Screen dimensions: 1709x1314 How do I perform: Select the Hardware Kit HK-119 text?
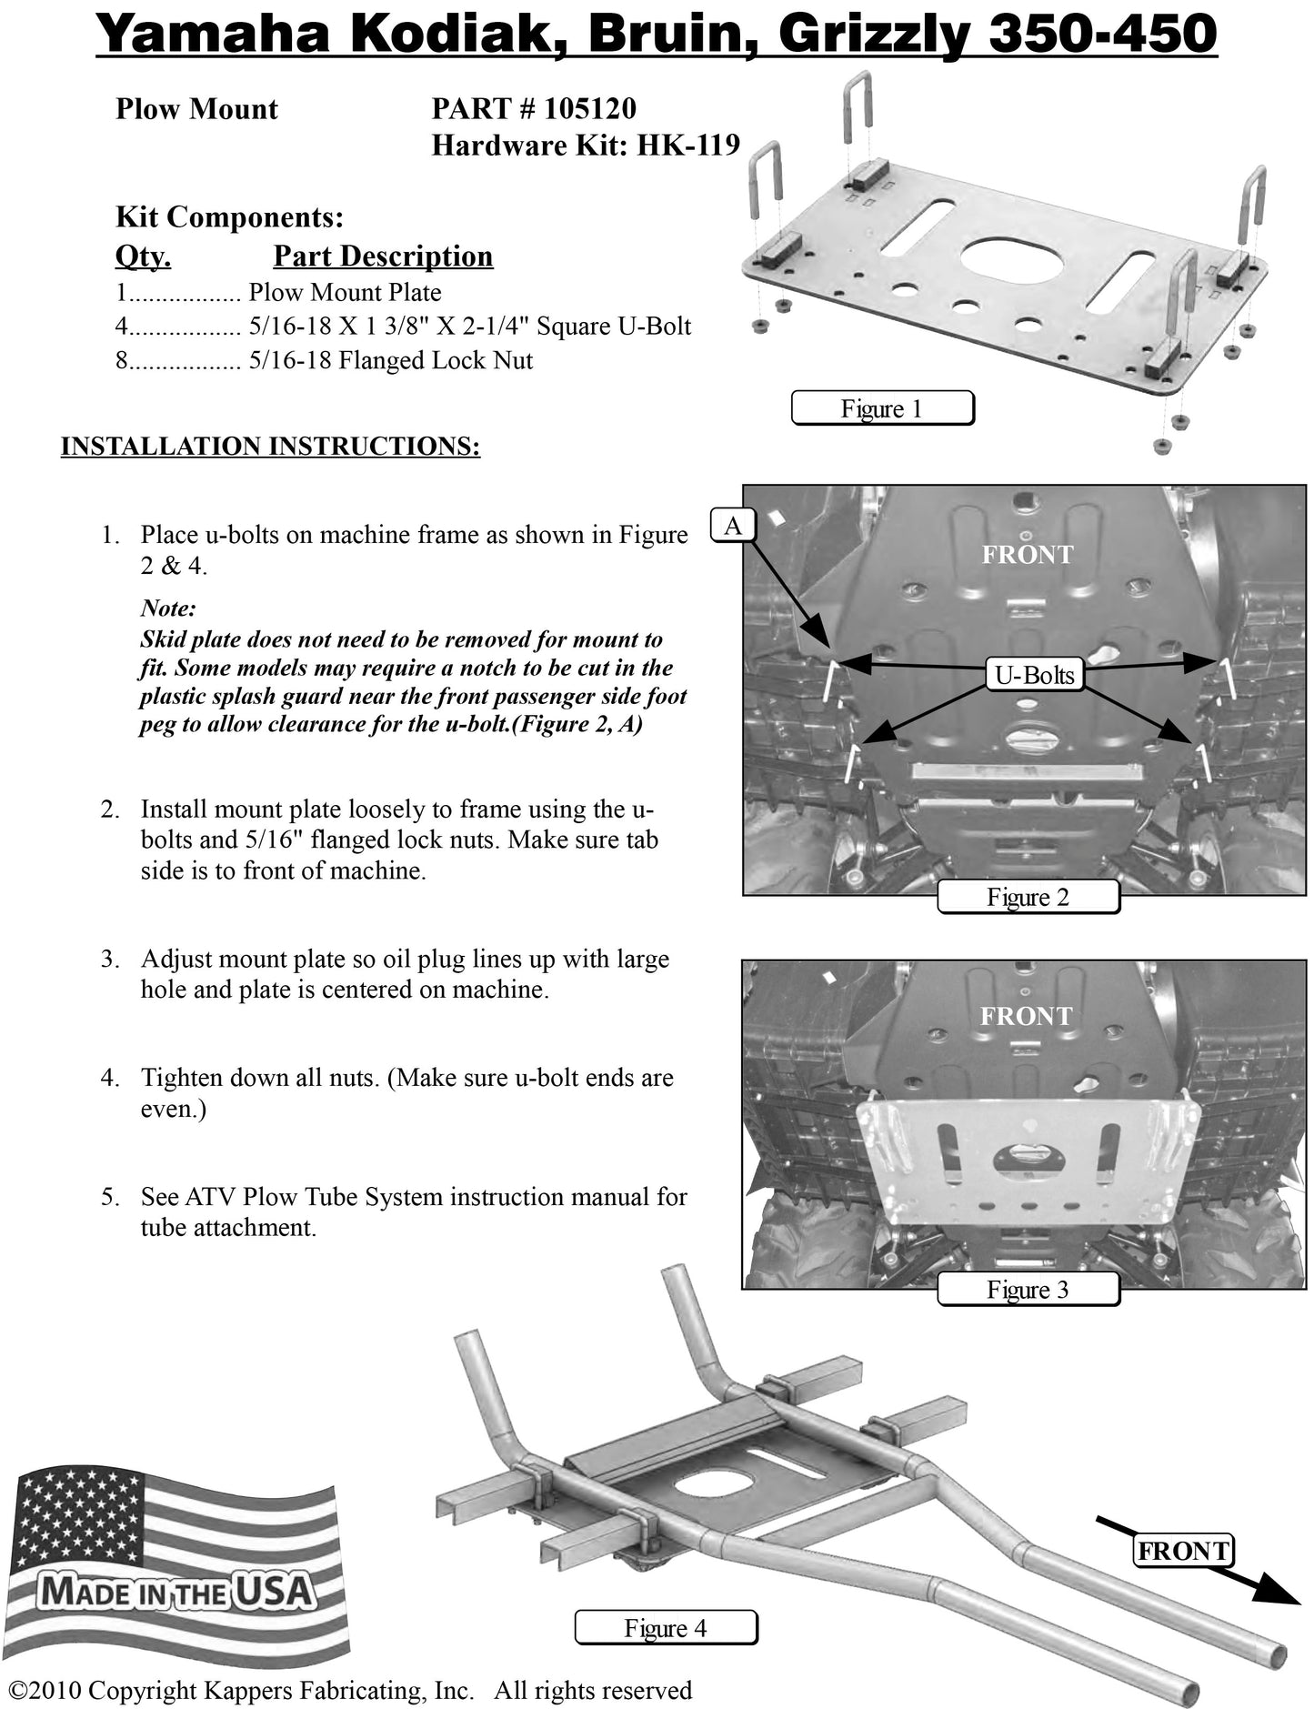click(x=586, y=146)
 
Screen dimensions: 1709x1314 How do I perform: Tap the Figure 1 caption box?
click(x=881, y=408)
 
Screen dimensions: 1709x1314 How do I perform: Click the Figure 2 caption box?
click(x=1028, y=897)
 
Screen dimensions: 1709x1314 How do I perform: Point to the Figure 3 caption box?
click(x=1028, y=1289)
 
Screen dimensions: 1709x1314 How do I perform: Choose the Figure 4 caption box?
click(x=666, y=1627)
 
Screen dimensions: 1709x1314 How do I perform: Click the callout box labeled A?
click(x=732, y=525)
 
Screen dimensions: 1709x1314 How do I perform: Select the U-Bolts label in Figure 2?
click(x=1034, y=675)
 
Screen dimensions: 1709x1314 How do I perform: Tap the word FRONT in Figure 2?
click(x=1027, y=555)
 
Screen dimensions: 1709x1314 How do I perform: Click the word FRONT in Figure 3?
click(x=1026, y=1016)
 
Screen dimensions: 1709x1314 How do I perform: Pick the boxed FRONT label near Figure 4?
click(x=1183, y=1550)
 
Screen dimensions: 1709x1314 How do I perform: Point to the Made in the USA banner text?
click(x=177, y=1591)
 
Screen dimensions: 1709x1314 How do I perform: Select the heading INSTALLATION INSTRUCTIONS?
click(x=270, y=447)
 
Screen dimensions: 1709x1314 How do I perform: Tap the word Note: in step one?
click(x=168, y=608)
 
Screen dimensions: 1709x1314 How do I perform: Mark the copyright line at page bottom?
click(x=350, y=1690)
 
